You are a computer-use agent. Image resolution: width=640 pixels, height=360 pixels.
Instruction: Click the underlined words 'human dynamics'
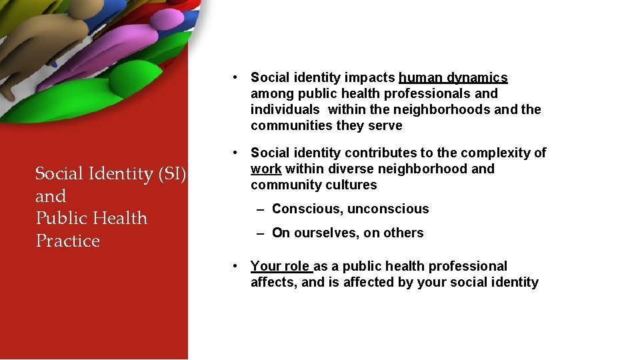453,78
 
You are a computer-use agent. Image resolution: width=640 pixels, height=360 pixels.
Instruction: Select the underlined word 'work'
266,169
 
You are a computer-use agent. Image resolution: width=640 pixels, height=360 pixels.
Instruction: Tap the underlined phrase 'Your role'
280,267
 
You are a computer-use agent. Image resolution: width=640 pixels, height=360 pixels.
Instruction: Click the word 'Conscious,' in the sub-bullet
307,209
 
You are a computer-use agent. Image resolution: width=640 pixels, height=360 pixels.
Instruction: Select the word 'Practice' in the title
67,241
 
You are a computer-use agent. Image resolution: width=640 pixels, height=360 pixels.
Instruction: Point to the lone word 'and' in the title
51,197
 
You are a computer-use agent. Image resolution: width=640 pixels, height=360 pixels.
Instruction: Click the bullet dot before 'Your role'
236,266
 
